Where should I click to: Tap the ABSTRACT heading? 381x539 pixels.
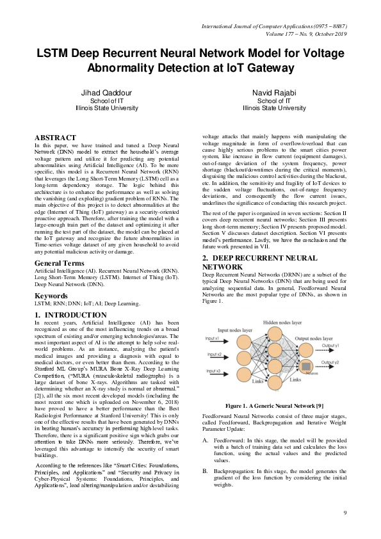coord(55,138)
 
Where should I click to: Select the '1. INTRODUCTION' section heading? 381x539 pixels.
coord(70,316)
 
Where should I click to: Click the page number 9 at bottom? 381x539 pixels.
coord(345,513)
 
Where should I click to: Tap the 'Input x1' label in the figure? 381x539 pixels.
coord(214,338)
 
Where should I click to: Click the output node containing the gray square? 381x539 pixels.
coord(307,366)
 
